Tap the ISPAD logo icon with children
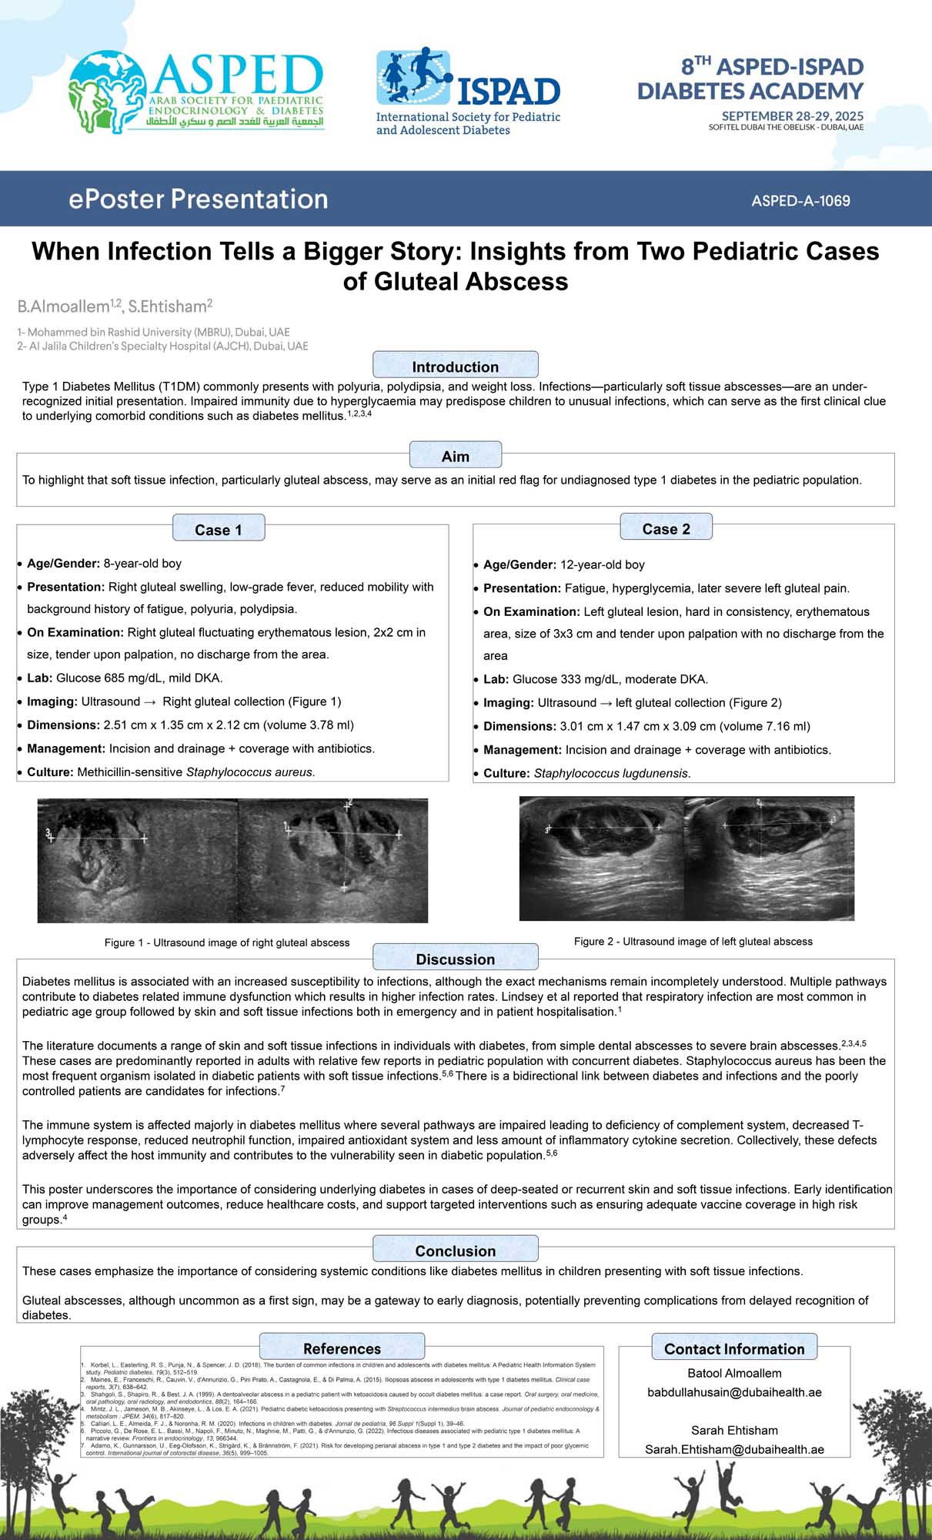click(413, 76)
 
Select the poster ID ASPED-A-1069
click(800, 201)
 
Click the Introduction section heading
click(455, 367)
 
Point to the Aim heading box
click(455, 456)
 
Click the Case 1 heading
click(218, 530)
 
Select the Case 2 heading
click(666, 529)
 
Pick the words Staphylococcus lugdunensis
click(611, 773)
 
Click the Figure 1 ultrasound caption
click(227, 942)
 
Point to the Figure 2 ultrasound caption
click(693, 941)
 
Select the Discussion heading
click(455, 959)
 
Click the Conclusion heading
click(455, 1251)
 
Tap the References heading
click(342, 1349)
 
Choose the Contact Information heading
click(734, 1349)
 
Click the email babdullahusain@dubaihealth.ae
click(734, 1392)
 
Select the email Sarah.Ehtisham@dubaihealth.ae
click(734, 1449)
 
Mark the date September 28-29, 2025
click(792, 116)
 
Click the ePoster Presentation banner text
click(198, 199)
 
